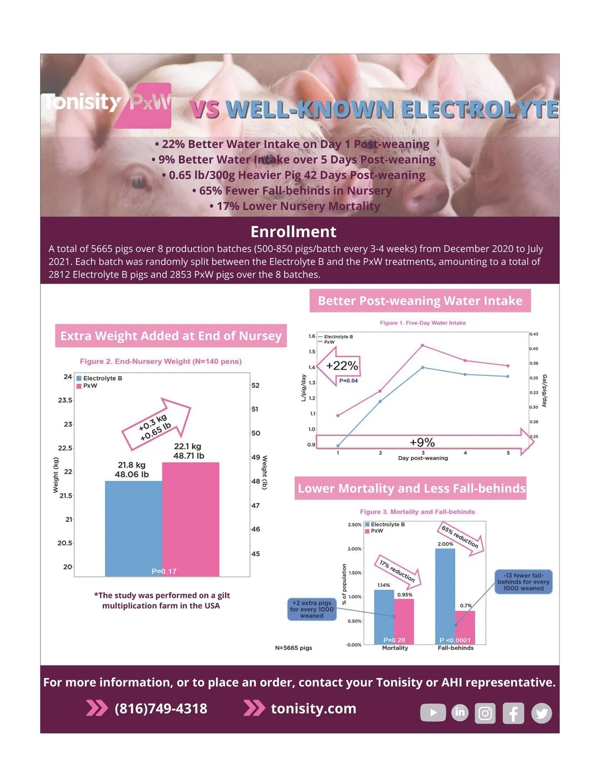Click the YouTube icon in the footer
click(433, 712)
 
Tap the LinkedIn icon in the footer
click(460, 712)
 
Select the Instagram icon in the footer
click(485, 713)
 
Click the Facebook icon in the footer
click(513, 713)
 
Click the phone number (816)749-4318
click(160, 708)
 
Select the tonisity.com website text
click(313, 708)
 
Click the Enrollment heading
click(293, 231)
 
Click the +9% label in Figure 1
click(422, 442)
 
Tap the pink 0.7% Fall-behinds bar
click(465, 627)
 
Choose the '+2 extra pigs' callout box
click(311, 609)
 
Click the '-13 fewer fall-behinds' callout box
click(523, 582)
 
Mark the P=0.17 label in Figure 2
click(164, 571)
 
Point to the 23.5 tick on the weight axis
click(65, 400)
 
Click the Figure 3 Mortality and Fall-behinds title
click(417, 511)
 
